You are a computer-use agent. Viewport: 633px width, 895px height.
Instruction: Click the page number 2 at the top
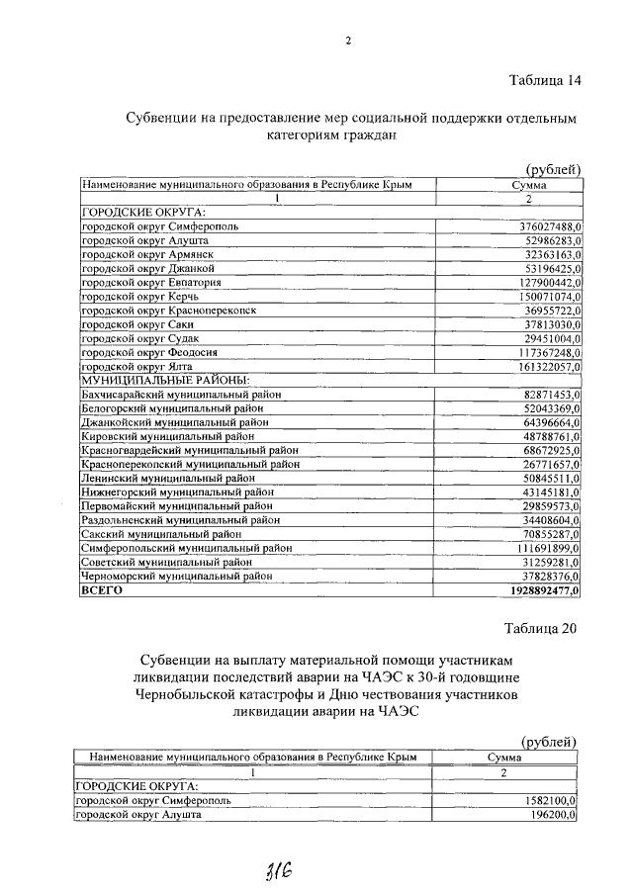click(x=348, y=41)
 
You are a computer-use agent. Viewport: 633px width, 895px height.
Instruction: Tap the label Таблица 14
click(x=542, y=80)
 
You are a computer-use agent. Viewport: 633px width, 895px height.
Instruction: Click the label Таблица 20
click(x=540, y=627)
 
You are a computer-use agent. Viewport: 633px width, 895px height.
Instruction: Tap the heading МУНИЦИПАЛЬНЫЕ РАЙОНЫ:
click(x=164, y=379)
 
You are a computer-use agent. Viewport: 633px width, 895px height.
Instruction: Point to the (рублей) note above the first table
click(x=550, y=169)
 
